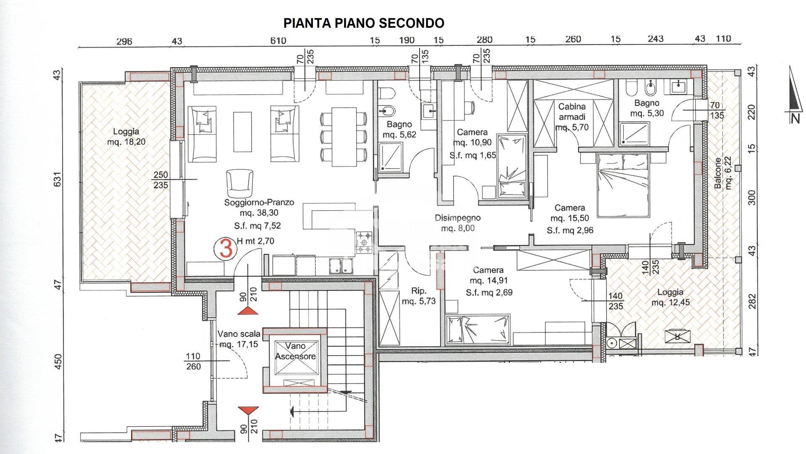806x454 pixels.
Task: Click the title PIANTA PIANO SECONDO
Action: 364,23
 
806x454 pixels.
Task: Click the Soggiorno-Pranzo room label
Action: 259,202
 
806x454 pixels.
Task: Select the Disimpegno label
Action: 457,218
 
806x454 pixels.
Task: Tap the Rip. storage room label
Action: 419,291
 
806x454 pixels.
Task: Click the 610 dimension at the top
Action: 278,40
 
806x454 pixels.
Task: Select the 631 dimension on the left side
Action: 58,180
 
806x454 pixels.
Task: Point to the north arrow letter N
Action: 794,119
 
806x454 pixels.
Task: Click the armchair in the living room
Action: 239,181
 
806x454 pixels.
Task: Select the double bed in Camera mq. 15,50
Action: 623,185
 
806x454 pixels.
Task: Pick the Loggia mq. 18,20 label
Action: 126,137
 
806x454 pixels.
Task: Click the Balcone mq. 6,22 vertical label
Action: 722,173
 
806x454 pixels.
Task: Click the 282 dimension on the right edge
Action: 752,301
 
